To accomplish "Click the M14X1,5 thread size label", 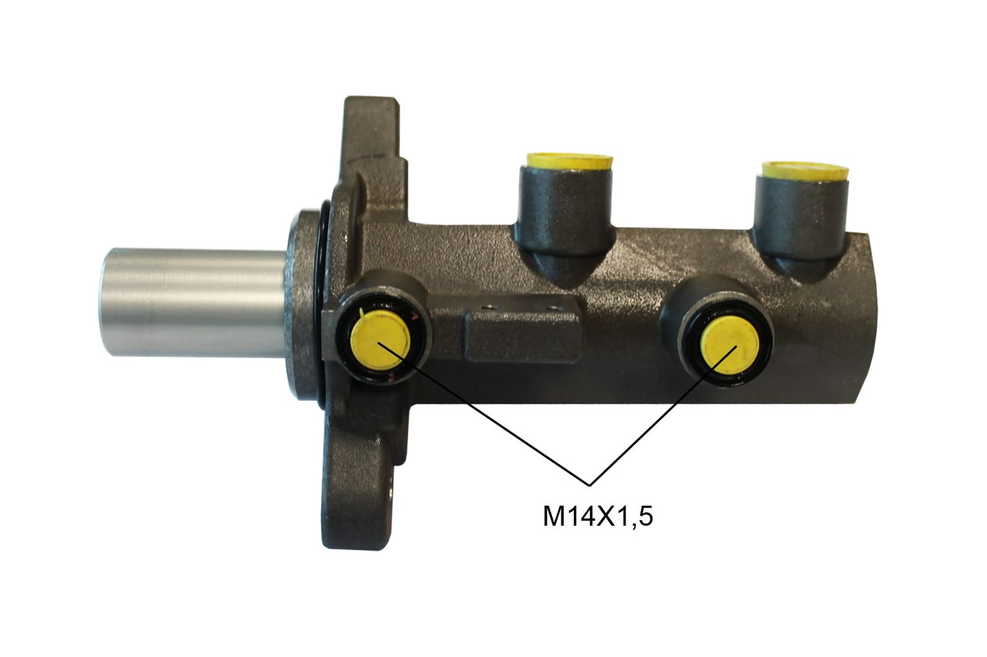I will pos(597,516).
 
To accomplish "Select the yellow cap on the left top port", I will pos(569,161).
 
